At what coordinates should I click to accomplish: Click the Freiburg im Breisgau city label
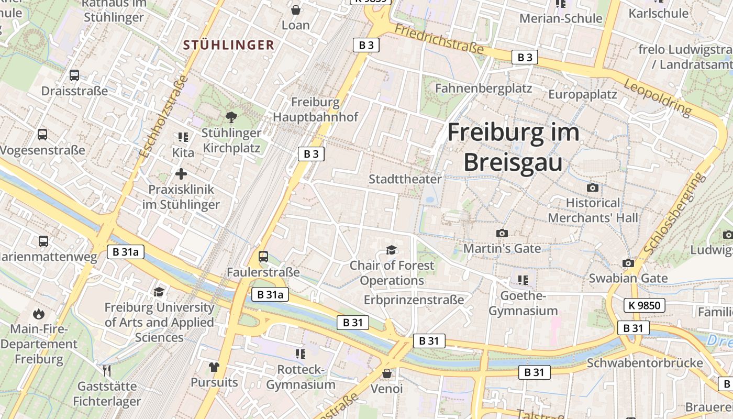(x=513, y=147)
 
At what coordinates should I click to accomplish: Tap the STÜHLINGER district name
(x=229, y=45)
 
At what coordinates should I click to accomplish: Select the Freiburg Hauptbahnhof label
(x=316, y=109)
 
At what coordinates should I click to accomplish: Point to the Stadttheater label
(x=405, y=179)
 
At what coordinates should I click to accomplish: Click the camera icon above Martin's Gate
(x=502, y=233)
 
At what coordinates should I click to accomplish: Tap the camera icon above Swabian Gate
(x=628, y=263)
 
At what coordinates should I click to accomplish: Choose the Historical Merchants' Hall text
(x=593, y=210)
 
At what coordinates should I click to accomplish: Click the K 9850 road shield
(x=644, y=305)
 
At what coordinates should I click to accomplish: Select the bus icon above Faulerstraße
(x=263, y=257)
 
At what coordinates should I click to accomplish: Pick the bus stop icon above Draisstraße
(x=74, y=75)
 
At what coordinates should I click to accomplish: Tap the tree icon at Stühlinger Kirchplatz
(x=231, y=117)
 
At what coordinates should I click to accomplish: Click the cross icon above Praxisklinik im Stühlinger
(x=181, y=174)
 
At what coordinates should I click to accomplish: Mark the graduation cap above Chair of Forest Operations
(x=392, y=250)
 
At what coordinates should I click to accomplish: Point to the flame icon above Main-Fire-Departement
(x=38, y=314)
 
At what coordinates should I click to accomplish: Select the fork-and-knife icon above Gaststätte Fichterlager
(x=107, y=371)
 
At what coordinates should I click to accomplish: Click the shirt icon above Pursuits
(x=214, y=367)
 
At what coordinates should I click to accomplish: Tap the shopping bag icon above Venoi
(x=386, y=373)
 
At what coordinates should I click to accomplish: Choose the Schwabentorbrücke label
(x=645, y=363)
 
